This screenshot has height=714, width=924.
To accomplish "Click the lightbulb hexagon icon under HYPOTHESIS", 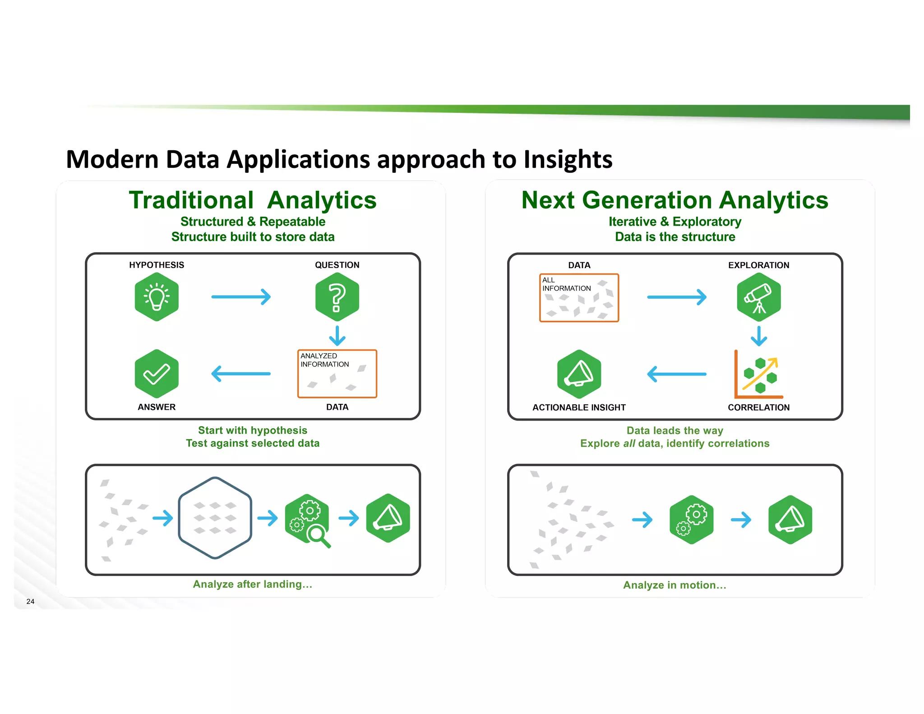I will (157, 297).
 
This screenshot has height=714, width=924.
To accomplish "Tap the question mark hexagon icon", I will (337, 297).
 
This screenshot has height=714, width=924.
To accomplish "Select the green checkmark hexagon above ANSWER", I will (157, 374).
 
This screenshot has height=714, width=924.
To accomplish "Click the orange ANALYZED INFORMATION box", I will (337, 374).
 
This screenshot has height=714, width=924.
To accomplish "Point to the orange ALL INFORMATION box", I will (579, 298).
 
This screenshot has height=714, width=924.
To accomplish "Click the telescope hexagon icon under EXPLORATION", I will (758, 297).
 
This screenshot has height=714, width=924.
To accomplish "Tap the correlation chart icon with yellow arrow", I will (758, 375).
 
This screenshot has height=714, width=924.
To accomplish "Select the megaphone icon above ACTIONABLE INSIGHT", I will (579, 374).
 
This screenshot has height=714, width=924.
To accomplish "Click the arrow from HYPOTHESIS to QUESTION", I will (241, 297).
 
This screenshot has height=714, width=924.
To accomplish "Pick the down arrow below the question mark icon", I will (337, 336).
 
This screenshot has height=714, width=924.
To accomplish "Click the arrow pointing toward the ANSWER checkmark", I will (241, 374).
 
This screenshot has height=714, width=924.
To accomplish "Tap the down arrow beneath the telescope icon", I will (758, 336).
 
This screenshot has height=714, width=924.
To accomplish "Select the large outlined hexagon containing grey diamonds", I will (215, 518).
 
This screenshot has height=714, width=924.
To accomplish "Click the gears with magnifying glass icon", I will (308, 520).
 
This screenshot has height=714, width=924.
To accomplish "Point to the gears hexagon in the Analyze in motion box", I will (691, 519).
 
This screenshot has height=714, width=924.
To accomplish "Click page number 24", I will (30, 601).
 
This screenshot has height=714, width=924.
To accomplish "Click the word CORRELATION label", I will (758, 407).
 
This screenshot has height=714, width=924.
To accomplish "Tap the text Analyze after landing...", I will (253, 584).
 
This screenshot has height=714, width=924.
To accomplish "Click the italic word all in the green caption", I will (629, 443).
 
